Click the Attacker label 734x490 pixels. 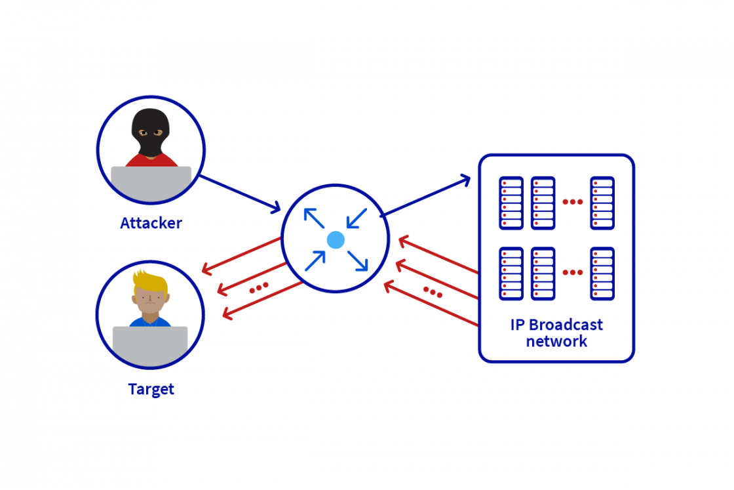[151, 224]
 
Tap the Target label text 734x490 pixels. [151, 389]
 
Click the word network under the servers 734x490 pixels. [556, 342]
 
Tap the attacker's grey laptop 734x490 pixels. [151, 183]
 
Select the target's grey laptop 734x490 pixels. [150, 345]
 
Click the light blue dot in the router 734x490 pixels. [336, 240]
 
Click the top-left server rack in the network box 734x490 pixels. [511, 203]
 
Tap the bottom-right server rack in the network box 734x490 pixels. [602, 274]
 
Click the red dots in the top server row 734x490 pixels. [572, 202]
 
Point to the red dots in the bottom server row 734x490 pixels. [572, 272]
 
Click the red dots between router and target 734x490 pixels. [258, 288]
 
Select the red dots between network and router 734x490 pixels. [433, 291]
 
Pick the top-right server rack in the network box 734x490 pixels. [602, 203]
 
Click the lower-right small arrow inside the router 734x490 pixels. [358, 261]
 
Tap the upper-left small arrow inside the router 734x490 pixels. [314, 218]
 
